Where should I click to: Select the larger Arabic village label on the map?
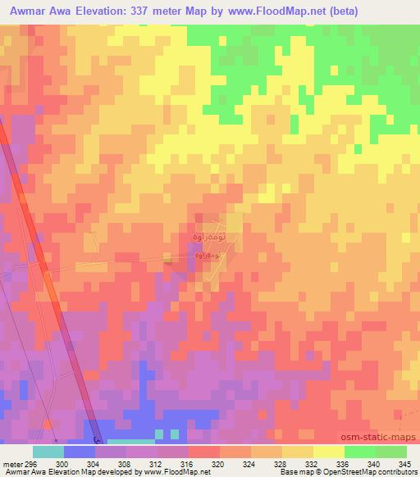point(208,236)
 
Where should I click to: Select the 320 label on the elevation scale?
point(219,464)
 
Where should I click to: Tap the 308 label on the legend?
point(126,464)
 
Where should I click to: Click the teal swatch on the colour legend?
point(48,452)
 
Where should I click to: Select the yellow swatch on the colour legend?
point(328,452)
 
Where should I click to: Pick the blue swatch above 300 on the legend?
point(80,452)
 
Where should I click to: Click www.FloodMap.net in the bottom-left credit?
point(175,472)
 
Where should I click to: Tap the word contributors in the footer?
point(390,472)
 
